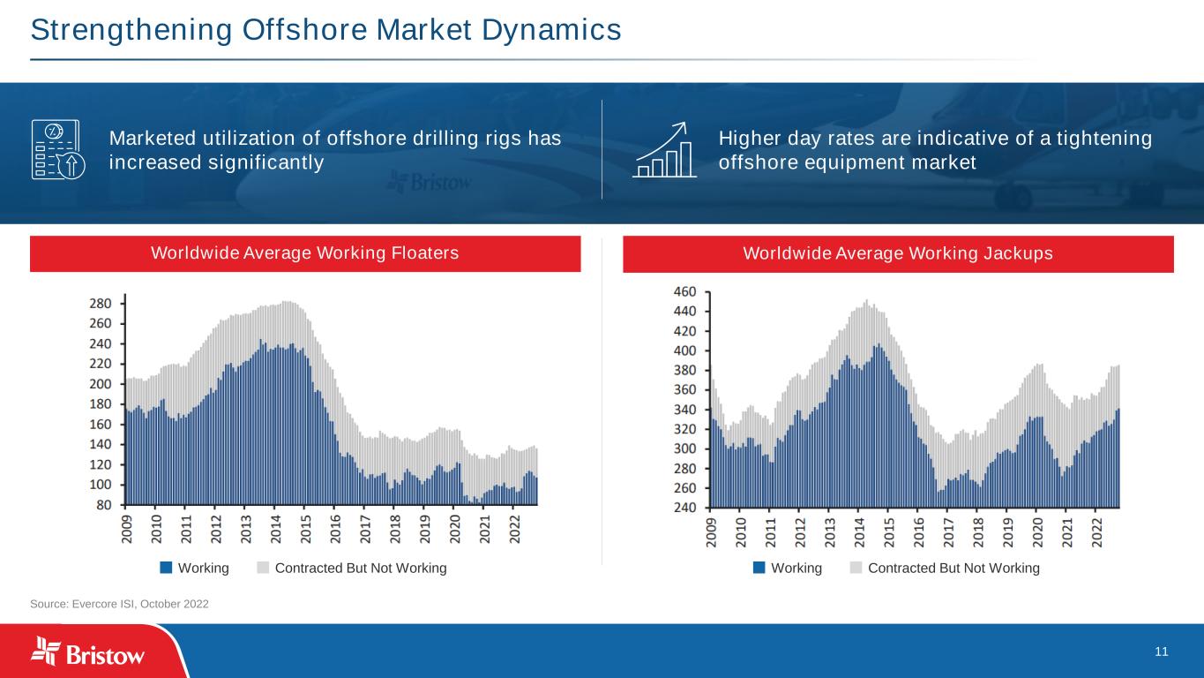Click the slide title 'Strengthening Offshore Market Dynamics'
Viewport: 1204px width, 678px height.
[x=325, y=30]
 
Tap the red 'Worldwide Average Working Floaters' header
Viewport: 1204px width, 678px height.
[x=305, y=253]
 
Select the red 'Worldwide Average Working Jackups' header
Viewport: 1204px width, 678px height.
[x=898, y=253]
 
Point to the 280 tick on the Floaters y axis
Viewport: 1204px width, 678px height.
[x=101, y=303]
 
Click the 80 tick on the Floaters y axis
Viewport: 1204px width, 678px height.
[x=105, y=505]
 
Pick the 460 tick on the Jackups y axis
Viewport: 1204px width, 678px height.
[x=685, y=291]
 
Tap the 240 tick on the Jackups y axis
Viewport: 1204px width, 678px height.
[x=685, y=508]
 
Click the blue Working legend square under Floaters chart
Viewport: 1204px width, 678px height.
[x=166, y=568]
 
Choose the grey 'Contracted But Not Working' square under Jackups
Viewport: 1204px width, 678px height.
[x=856, y=568]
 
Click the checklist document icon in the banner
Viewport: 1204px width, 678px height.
[x=56, y=150]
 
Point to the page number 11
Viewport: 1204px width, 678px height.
[x=1161, y=652]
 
